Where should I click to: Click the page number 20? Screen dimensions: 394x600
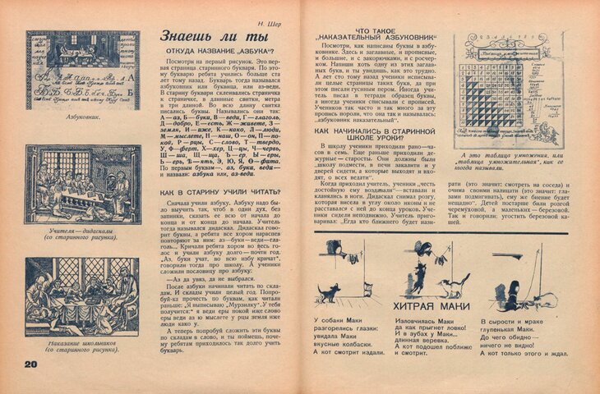tap(31, 364)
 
